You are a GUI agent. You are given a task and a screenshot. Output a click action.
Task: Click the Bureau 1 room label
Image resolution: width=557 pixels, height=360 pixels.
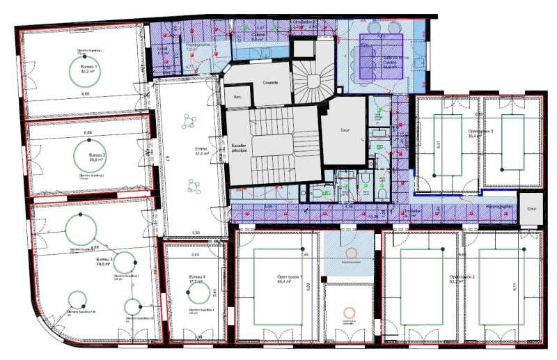click(88, 68)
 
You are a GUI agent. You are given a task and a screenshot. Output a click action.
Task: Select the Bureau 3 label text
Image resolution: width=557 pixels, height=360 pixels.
click(104, 262)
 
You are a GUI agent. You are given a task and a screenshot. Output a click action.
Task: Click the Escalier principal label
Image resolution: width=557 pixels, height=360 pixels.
click(240, 148)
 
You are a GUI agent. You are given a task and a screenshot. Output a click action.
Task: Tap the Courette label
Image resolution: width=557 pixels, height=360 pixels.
click(270, 82)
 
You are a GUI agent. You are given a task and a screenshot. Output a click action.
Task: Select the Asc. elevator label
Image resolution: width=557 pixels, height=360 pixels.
click(237, 96)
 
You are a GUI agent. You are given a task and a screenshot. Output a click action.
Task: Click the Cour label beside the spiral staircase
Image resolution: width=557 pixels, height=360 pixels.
click(344, 130)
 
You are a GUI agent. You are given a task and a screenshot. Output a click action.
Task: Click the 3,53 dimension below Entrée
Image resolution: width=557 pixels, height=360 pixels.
click(196, 233)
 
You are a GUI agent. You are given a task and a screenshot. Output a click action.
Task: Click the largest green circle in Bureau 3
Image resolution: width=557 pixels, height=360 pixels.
click(81, 227)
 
